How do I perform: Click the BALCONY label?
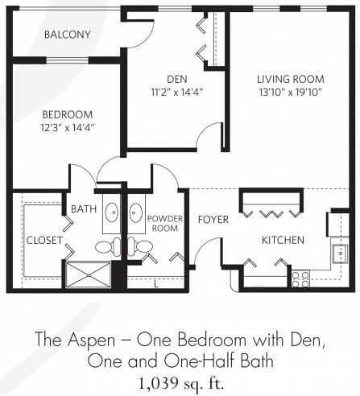[68, 35]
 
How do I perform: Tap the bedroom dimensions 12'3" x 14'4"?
[68, 128]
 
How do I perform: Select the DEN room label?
[177, 79]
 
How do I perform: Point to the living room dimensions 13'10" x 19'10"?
[291, 93]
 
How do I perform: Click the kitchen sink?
[340, 254]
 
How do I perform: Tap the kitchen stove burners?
[300, 279]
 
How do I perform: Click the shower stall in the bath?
[89, 275]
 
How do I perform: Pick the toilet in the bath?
[109, 246]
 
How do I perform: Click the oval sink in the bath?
[111, 212]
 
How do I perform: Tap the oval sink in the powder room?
[136, 212]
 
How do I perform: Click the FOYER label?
[213, 220]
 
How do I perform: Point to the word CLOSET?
[44, 240]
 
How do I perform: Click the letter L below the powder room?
[156, 284]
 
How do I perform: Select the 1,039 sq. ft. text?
[180, 383]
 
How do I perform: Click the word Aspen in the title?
[91, 340]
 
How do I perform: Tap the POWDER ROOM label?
[165, 224]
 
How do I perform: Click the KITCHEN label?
[283, 240]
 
